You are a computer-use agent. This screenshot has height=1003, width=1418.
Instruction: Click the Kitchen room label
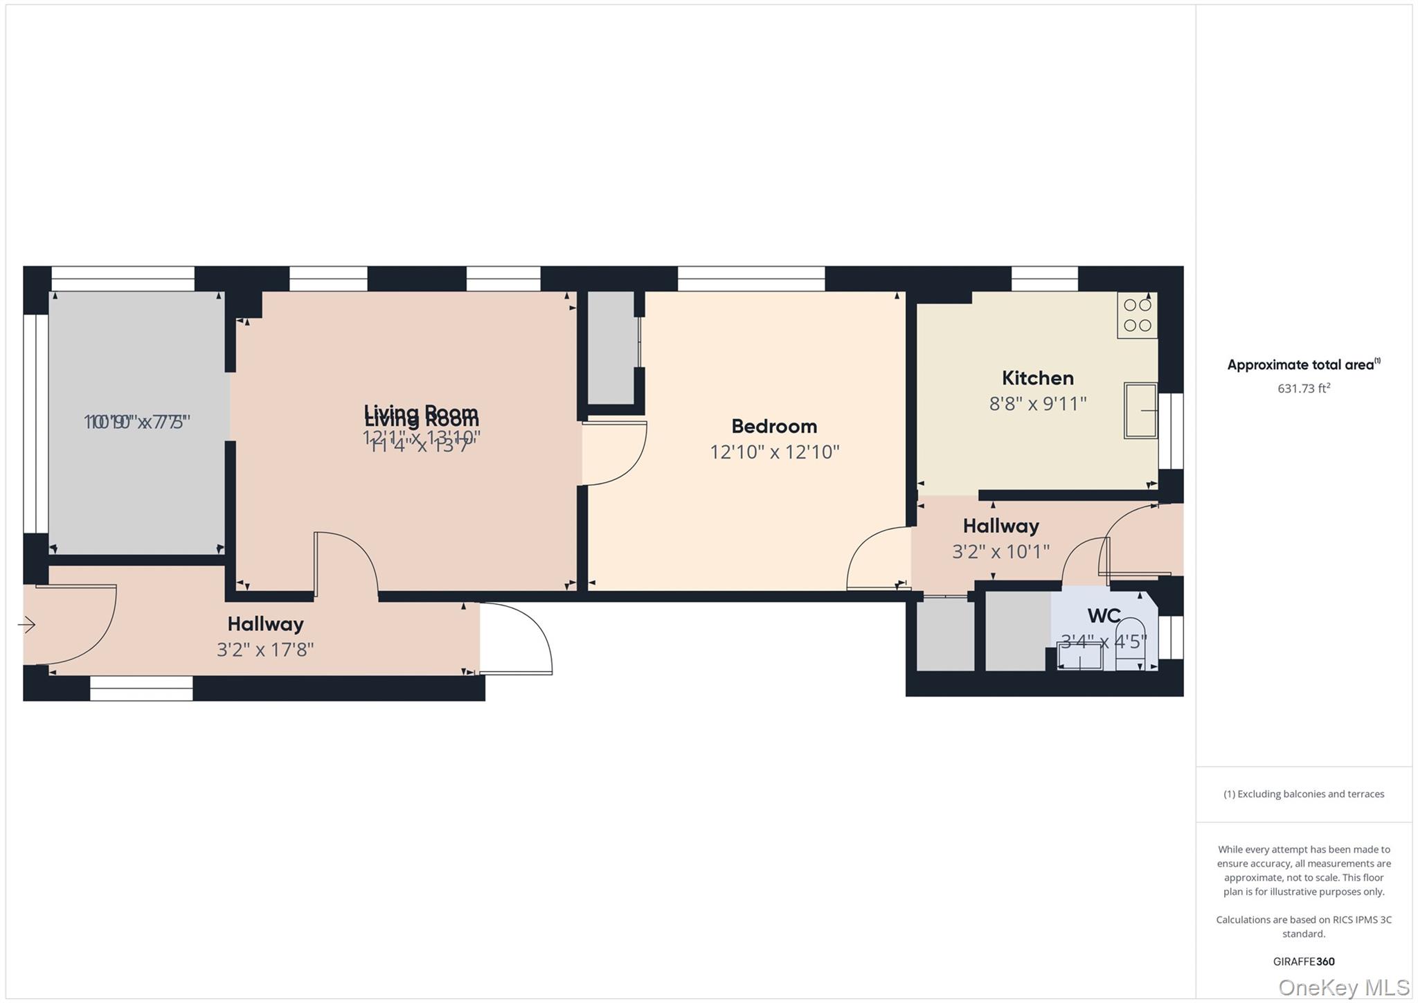pyautogui.click(x=1037, y=378)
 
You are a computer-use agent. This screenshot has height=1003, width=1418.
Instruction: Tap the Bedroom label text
pyautogui.click(x=774, y=426)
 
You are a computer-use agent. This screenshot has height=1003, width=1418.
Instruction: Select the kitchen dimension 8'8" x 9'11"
pyautogui.click(x=1037, y=404)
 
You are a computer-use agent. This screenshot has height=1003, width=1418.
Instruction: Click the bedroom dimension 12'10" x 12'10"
pyautogui.click(x=774, y=452)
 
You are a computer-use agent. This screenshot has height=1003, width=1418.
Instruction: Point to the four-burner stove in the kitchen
pyautogui.click(x=1137, y=316)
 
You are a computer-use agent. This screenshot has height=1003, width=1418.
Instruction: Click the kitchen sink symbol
pyautogui.click(x=1140, y=411)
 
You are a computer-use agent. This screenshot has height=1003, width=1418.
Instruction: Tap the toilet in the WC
pyautogui.click(x=1130, y=643)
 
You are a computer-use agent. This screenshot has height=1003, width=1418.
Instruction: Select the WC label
pyautogui.click(x=1104, y=616)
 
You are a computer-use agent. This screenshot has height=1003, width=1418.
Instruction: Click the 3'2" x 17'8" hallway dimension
pyautogui.click(x=265, y=650)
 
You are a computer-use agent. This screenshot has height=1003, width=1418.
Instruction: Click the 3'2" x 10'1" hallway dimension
pyautogui.click(x=1000, y=552)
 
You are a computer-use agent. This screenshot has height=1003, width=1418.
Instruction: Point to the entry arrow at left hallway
pyautogui.click(x=27, y=625)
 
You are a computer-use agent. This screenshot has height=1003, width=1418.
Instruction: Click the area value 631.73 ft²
pyautogui.click(x=1303, y=389)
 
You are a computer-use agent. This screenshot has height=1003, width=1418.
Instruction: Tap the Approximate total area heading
pyautogui.click(x=1302, y=365)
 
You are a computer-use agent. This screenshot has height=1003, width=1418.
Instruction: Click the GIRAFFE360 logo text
pyautogui.click(x=1303, y=961)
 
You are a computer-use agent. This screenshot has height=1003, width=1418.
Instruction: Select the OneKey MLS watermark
pyautogui.click(x=1343, y=987)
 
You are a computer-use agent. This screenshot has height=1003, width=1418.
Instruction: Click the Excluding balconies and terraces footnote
pyautogui.click(x=1303, y=795)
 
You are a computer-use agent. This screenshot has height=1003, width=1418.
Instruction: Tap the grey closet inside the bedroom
pyautogui.click(x=611, y=346)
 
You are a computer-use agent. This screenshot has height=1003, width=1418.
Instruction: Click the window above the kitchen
pyautogui.click(x=1044, y=278)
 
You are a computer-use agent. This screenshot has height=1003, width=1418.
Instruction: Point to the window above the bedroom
pyautogui.click(x=751, y=278)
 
